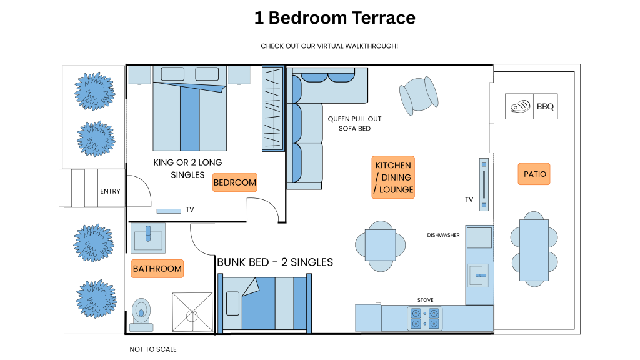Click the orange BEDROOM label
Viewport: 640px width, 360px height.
[x=235, y=182]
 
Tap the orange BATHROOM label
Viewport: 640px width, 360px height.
[x=157, y=269]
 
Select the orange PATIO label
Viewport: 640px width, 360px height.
[x=534, y=174]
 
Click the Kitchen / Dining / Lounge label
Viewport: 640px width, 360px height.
[x=393, y=177]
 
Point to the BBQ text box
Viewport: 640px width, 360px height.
[x=545, y=106]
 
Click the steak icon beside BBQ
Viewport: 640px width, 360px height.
[x=520, y=106]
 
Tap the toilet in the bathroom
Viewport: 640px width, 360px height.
[x=141, y=315]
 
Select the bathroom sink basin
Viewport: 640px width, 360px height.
[x=148, y=238]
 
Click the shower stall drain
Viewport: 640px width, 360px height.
[x=192, y=316]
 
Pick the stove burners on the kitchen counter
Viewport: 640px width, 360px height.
[x=425, y=318]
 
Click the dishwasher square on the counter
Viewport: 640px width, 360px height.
[x=479, y=237]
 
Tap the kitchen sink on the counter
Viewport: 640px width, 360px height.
[x=478, y=276]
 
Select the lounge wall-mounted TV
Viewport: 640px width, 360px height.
[x=484, y=184]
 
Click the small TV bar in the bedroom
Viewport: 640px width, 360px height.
[x=169, y=211]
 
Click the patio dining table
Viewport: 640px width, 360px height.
[x=534, y=250]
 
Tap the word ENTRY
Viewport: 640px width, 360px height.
[x=110, y=191]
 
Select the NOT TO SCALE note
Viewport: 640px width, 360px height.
[x=153, y=349]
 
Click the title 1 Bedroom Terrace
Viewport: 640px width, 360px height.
[x=335, y=18]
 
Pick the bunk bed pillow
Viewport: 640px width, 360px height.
[x=232, y=304]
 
